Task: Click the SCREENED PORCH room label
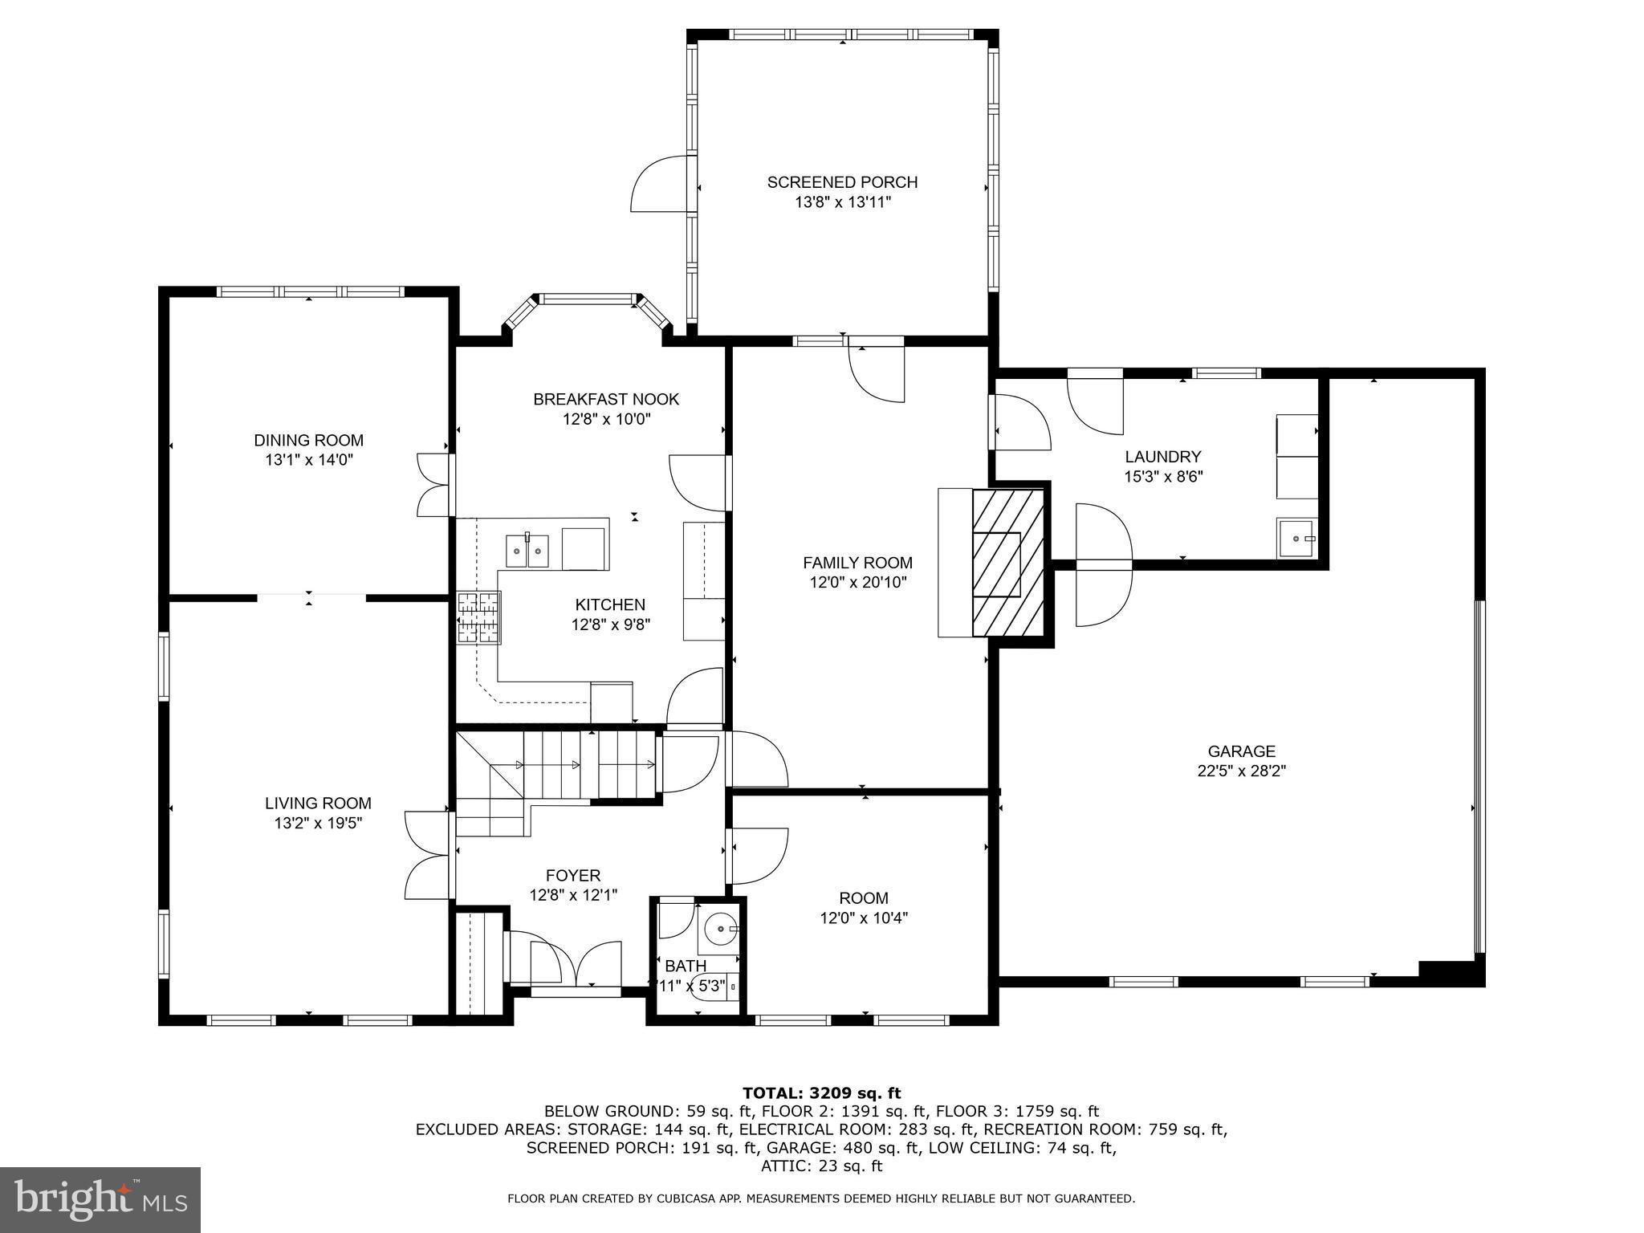842,182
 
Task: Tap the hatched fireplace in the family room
1008,564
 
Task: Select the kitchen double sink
527,551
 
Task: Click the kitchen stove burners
479,617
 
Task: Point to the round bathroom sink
720,929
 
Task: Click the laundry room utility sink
1296,539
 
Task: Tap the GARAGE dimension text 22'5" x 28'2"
1241,771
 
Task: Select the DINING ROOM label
308,440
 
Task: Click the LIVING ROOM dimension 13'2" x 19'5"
318,823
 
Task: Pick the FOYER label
572,875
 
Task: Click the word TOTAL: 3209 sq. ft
821,1093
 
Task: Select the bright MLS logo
100,1200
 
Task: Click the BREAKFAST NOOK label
606,399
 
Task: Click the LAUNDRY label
1162,457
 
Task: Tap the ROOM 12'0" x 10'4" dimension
863,918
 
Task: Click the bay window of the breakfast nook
587,299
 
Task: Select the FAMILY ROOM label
857,563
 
